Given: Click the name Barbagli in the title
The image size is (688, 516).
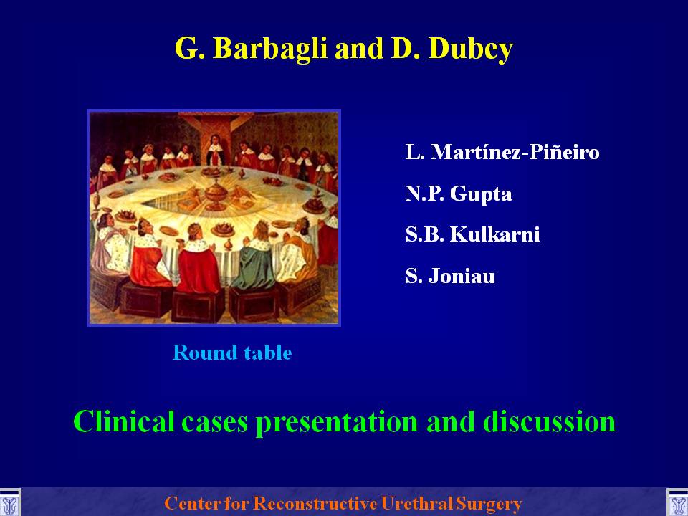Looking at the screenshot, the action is point(270,48).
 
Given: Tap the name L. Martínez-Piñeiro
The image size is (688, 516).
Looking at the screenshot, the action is point(502,152).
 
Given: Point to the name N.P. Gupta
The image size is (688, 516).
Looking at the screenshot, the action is point(459,193).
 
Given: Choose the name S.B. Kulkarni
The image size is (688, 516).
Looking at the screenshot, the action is point(472,234).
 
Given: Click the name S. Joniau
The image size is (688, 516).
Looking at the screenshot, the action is point(450,276).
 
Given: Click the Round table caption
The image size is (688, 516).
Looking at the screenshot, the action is point(232,353).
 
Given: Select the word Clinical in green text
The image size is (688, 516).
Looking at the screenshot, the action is point(123,421).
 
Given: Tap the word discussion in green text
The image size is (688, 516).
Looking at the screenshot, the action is point(550,421).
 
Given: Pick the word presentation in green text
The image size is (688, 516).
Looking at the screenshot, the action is point(337,423).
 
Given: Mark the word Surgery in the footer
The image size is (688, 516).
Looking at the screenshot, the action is point(489,504).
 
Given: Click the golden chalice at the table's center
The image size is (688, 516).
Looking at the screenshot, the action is point(216,194).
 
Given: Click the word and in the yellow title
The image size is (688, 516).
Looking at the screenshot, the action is point(359,48).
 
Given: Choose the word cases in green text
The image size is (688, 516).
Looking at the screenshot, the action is point(214,423).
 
